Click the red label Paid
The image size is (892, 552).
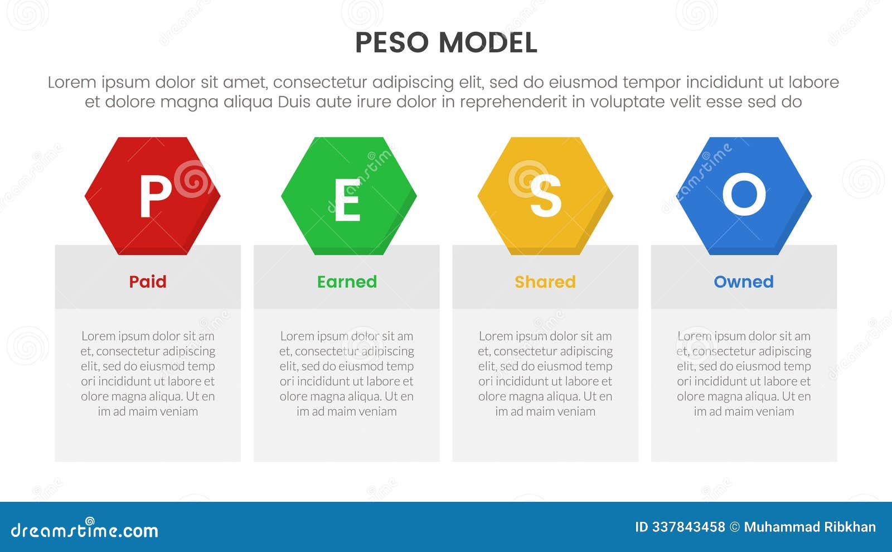pos(148,282)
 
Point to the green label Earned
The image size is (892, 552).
pos(347,282)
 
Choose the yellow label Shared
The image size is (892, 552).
pos(545,282)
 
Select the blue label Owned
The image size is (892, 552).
pos(744,282)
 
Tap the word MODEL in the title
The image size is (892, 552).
pos(488,43)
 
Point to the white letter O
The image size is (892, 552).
pos(744,195)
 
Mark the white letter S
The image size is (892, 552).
pos(545,196)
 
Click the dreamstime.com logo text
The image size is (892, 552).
pos(85,530)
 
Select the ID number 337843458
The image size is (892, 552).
pos(688,527)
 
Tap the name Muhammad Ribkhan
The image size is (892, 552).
pos(809,527)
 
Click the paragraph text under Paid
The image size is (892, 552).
pos(148,374)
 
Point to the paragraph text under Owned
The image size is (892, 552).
pos(744,374)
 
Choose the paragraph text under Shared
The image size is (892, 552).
pos(545,374)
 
